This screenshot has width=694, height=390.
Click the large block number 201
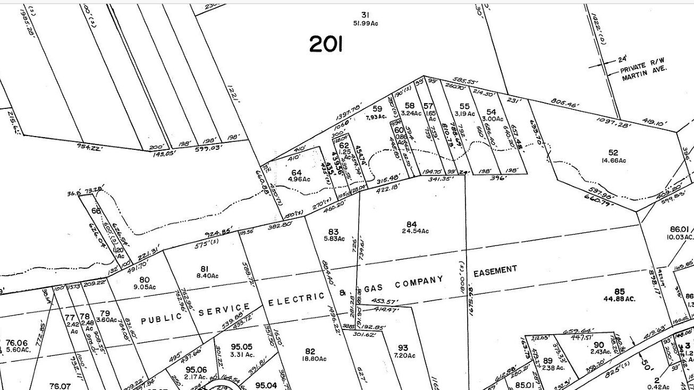326,45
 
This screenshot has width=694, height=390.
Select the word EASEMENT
495,271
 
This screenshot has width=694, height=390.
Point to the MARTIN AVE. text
644,70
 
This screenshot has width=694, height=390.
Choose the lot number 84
411,224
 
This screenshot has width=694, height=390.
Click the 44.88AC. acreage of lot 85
619,299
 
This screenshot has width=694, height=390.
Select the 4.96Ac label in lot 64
298,179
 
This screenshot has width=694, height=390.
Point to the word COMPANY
420,281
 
